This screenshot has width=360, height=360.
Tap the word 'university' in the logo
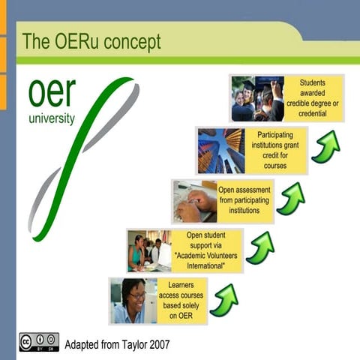[x=51, y=118]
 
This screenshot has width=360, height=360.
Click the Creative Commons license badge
[x=39, y=342]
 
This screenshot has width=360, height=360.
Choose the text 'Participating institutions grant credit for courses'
[x=275, y=149]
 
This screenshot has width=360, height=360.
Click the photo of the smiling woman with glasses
[x=130, y=301]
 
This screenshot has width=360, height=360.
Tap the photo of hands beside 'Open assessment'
[x=193, y=200]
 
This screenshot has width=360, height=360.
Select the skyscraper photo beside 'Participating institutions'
[x=221, y=150]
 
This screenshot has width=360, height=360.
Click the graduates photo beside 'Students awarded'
[x=257, y=98]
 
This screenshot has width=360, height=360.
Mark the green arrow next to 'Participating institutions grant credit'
[x=325, y=147]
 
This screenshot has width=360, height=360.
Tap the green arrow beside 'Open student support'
[x=259, y=248]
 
